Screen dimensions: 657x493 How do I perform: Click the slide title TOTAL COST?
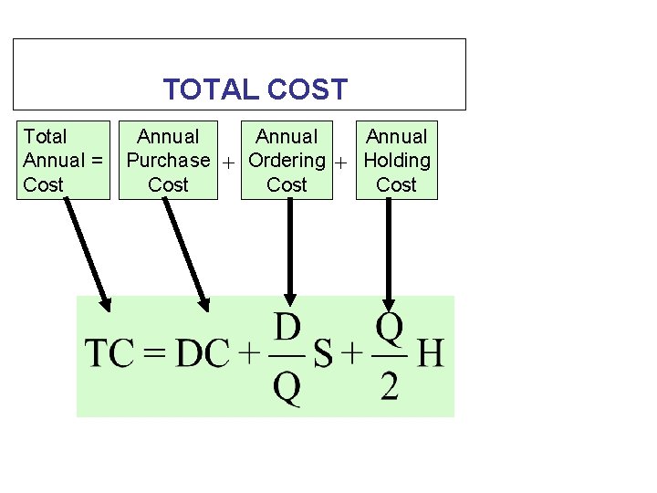pyautogui.click(x=255, y=89)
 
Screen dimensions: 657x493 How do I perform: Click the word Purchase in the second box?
pyautogui.click(x=168, y=161)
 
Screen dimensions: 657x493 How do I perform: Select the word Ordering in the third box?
pyautogui.click(x=287, y=161)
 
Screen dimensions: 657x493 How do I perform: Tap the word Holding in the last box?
pyautogui.click(x=396, y=161)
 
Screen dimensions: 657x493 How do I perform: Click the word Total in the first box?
pyautogui.click(x=45, y=137)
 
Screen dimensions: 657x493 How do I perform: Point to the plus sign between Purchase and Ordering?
pyautogui.click(x=229, y=163)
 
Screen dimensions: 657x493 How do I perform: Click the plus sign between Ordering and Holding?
pyautogui.click(x=341, y=163)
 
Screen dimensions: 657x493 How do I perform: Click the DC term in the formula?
pyautogui.click(x=203, y=353)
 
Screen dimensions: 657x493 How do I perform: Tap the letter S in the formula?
pyautogui.click(x=323, y=354)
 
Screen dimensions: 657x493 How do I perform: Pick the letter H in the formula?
pyautogui.click(x=430, y=353)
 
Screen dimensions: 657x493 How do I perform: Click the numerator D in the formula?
pyautogui.click(x=287, y=326)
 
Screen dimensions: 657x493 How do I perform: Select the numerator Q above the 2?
pyautogui.click(x=390, y=326)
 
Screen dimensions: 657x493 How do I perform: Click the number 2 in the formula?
pyautogui.click(x=390, y=387)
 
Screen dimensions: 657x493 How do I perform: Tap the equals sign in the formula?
pyautogui.click(x=156, y=354)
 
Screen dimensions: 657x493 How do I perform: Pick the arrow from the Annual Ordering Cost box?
pyautogui.click(x=290, y=251)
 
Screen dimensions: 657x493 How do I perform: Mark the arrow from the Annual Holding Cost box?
pyautogui.click(x=390, y=251)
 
